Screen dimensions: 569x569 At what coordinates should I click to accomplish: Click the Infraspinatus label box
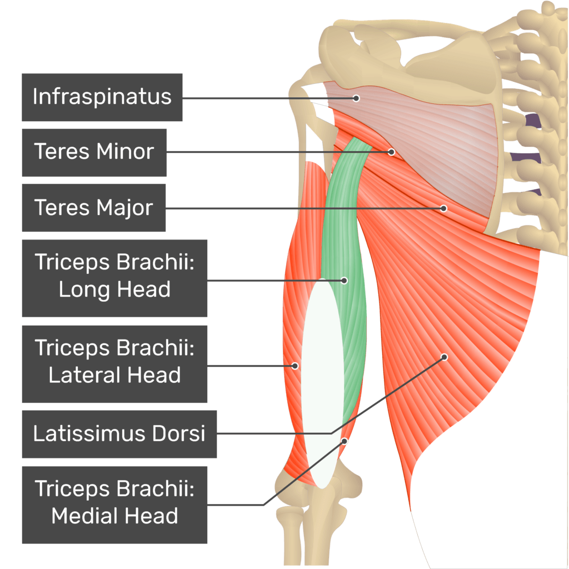[x=102, y=97]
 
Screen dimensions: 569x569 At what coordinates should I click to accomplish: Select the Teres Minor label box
[x=94, y=152]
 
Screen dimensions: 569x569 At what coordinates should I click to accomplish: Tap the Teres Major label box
[x=93, y=208]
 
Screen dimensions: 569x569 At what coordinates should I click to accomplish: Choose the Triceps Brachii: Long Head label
[x=114, y=278]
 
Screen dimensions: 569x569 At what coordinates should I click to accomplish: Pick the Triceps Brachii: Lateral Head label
[x=114, y=364]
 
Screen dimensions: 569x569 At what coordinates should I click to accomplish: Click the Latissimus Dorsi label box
[x=119, y=434]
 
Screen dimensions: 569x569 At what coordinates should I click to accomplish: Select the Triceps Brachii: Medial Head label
[x=114, y=505]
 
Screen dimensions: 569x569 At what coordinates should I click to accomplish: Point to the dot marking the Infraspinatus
[x=356, y=98]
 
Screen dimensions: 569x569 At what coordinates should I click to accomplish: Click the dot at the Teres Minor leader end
[x=391, y=152]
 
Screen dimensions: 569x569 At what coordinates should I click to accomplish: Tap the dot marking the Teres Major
[x=443, y=208]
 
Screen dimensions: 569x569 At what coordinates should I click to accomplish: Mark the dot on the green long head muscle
[x=345, y=281]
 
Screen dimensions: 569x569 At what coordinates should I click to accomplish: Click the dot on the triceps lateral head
[x=296, y=366]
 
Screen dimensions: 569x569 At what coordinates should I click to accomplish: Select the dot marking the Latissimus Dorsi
[x=444, y=357]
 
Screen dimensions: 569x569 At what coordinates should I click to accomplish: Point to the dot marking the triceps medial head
[x=345, y=441]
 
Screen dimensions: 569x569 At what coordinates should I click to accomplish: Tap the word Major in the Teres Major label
[x=124, y=208]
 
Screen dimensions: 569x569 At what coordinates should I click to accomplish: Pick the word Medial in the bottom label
[x=83, y=516]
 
